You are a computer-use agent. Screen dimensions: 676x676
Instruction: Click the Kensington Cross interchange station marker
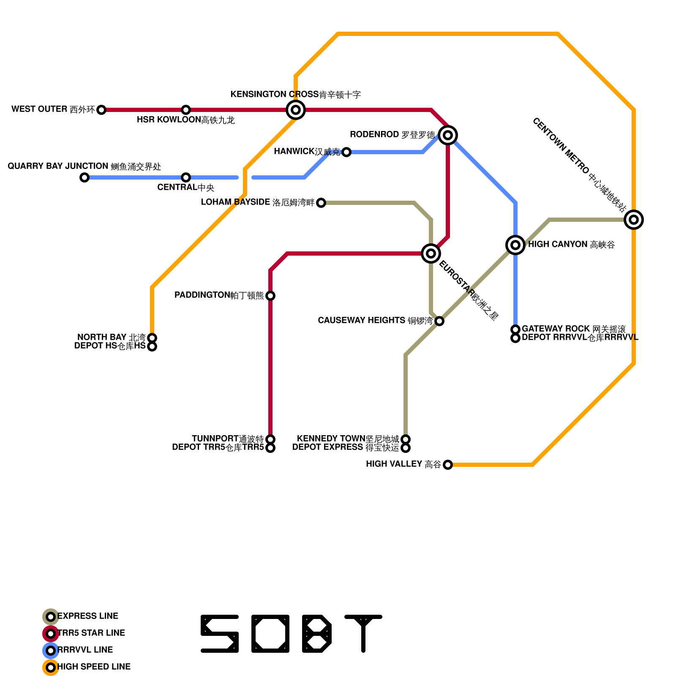coord(296,110)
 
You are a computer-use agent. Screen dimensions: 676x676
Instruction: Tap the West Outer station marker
coord(101,110)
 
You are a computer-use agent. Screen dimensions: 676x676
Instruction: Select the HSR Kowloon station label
coord(185,120)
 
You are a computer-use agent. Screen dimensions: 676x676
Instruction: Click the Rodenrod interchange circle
coord(448,135)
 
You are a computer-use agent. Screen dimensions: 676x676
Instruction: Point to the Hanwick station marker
coord(346,152)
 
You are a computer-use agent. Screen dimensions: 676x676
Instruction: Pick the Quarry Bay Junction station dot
coord(84,177)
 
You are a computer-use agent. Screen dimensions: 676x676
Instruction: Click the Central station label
coord(185,188)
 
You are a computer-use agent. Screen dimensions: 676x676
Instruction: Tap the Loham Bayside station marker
coord(321,203)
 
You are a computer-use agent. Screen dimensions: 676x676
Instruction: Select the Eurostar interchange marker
coord(431,253)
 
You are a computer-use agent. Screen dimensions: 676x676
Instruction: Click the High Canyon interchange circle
coord(515,245)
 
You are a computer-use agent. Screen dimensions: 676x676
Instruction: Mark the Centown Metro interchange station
coord(634,220)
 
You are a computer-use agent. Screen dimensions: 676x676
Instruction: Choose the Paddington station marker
coord(270,296)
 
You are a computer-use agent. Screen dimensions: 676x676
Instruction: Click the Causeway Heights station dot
coord(439,321)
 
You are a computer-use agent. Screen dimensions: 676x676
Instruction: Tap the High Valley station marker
coord(448,465)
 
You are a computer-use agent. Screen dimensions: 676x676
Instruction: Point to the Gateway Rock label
coord(573,329)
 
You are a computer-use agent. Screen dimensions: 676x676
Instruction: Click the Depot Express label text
coord(346,447)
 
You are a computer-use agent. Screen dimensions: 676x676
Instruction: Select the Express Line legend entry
coord(87,616)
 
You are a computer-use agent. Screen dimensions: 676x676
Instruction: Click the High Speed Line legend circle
coord(51,668)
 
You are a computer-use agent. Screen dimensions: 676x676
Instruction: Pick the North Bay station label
coord(111,337)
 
